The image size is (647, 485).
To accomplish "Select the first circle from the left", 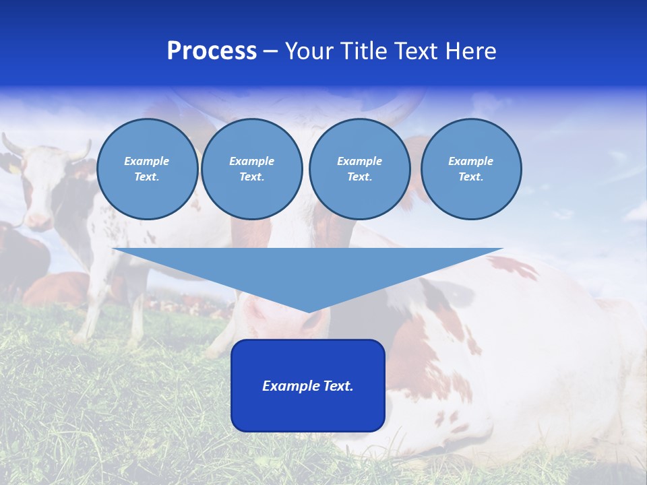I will pyautogui.click(x=148, y=169).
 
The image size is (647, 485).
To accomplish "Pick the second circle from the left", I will pyautogui.click(x=252, y=169).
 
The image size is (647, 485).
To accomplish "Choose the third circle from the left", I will pyautogui.click(x=360, y=169).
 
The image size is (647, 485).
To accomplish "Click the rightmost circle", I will pyautogui.click(x=471, y=169).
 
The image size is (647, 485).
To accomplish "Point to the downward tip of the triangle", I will pyautogui.click(x=309, y=311).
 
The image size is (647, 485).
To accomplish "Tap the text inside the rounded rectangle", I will pyautogui.click(x=308, y=386).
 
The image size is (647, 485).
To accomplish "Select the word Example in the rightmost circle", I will pyautogui.click(x=470, y=161).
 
